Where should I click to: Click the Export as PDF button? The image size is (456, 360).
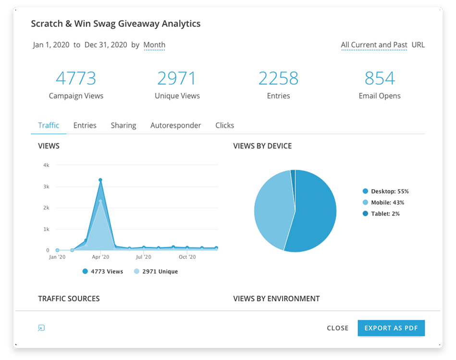pyautogui.click(x=391, y=328)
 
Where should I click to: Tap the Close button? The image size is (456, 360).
pyautogui.click(x=337, y=328)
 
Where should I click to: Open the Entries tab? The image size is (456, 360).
pyautogui.click(x=85, y=125)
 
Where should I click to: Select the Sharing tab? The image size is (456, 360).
pyautogui.click(x=123, y=125)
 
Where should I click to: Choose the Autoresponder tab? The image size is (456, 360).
pyautogui.click(x=175, y=125)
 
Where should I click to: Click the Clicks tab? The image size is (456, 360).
pyautogui.click(x=224, y=125)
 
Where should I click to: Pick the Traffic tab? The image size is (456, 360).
pyautogui.click(x=49, y=125)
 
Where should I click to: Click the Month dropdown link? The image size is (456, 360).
pyautogui.click(x=154, y=45)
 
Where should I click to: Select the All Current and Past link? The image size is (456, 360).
pyautogui.click(x=374, y=45)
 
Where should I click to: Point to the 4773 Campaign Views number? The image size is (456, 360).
pyautogui.click(x=76, y=78)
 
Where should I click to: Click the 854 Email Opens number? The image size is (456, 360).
pyautogui.click(x=380, y=78)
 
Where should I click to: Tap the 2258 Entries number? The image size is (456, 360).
pyautogui.click(x=278, y=78)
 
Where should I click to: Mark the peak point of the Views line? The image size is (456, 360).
pyautogui.click(x=100, y=180)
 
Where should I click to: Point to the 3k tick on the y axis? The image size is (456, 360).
pyautogui.click(x=46, y=186)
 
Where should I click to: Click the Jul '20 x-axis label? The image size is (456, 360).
pyautogui.click(x=144, y=257)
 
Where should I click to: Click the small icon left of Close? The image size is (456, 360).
pyautogui.click(x=41, y=328)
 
